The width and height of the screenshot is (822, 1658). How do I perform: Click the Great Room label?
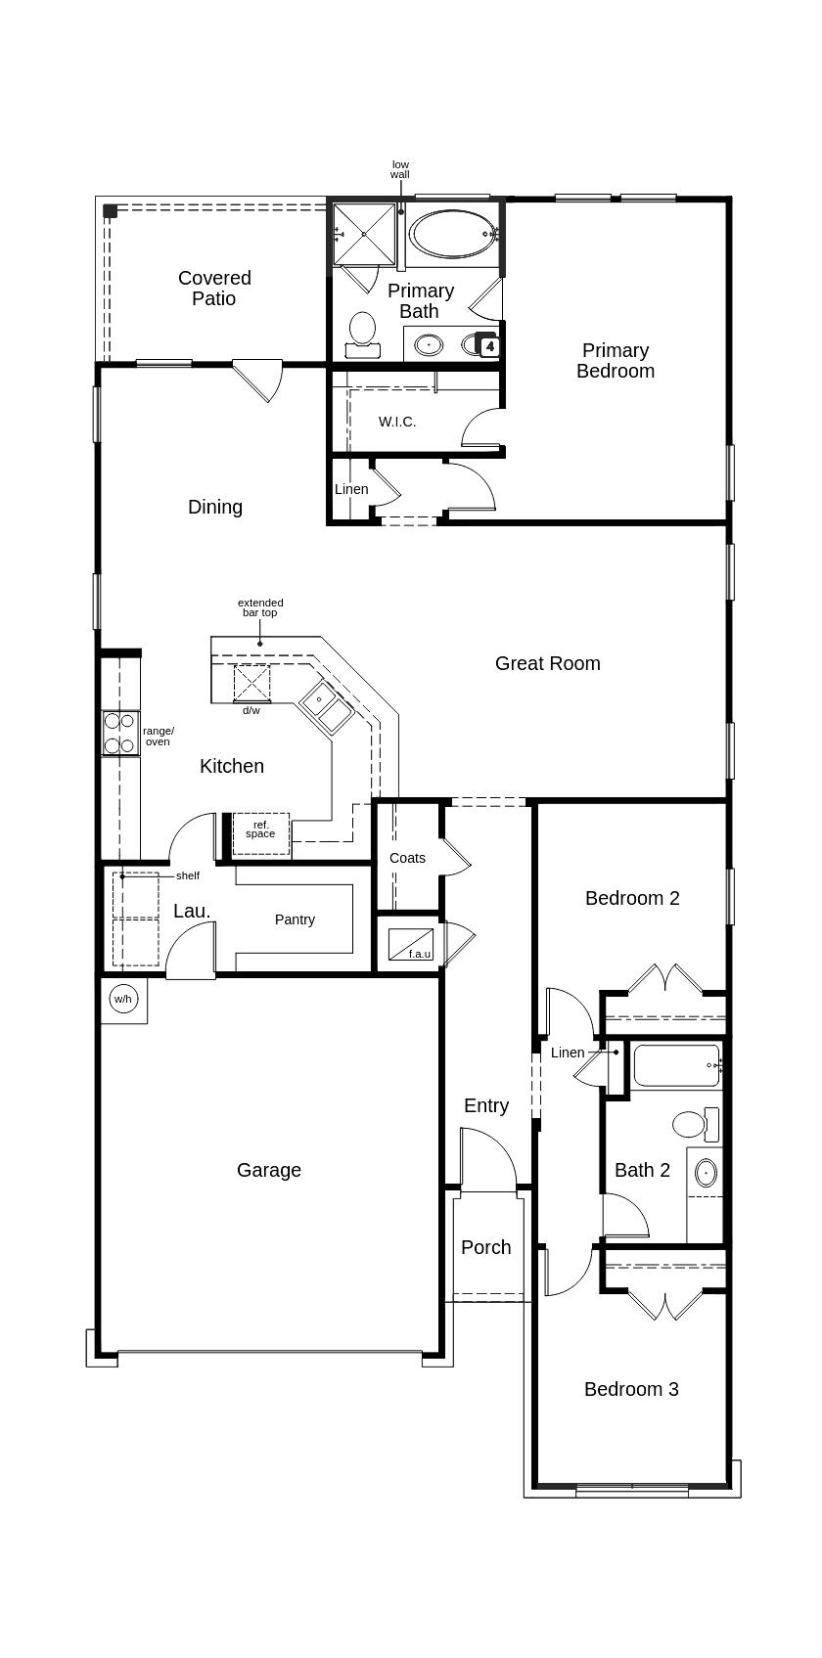[547, 663]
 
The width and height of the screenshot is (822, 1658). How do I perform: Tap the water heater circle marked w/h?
[122, 999]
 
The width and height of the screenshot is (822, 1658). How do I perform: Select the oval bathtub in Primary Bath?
[451, 234]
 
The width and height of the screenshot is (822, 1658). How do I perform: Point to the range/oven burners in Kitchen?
[119, 733]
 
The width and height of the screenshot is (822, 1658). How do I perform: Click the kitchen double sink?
[326, 706]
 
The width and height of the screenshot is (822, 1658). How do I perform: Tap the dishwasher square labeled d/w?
[251, 682]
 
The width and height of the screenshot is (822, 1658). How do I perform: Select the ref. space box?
[260, 831]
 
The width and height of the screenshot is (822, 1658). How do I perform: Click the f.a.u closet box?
[410, 944]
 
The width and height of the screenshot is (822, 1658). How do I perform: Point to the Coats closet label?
[407, 858]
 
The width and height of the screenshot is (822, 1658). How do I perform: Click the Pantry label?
[295, 919]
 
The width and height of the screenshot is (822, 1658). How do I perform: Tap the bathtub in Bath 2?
[677, 1065]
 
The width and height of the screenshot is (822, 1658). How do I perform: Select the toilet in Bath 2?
[696, 1123]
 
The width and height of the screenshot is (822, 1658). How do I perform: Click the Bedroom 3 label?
[631, 1389]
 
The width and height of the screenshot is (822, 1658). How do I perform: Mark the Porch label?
[485, 1247]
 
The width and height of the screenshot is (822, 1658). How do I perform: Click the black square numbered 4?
[489, 346]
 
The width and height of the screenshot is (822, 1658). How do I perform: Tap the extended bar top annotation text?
[260, 607]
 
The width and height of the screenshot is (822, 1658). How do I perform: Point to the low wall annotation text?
[400, 169]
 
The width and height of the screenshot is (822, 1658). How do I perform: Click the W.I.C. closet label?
[397, 422]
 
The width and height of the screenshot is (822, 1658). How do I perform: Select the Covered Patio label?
[214, 289]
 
